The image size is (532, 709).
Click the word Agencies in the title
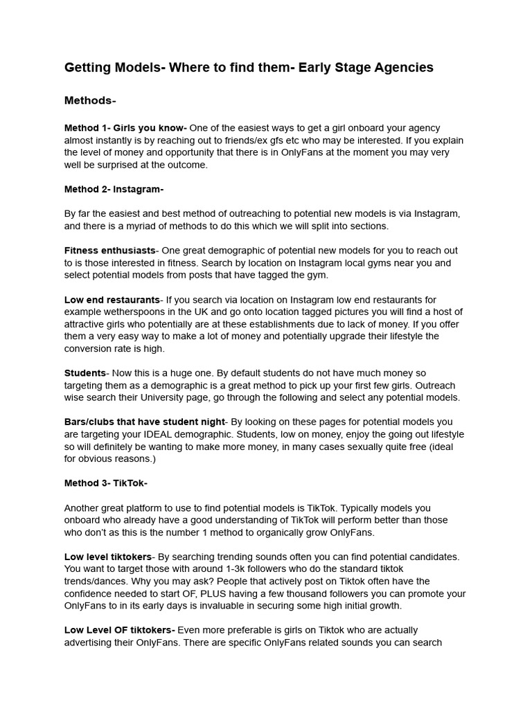coord(402,67)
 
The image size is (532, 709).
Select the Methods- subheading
coord(90,101)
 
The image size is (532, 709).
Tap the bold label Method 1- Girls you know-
coord(125,128)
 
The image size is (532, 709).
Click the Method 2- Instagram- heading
coord(114,189)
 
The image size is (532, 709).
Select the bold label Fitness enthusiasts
coord(109,251)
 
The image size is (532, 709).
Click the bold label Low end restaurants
coord(112,300)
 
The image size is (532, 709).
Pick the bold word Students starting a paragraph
coord(85,373)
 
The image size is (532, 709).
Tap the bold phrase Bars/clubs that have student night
coord(145,422)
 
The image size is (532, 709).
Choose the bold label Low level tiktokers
coord(107,557)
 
